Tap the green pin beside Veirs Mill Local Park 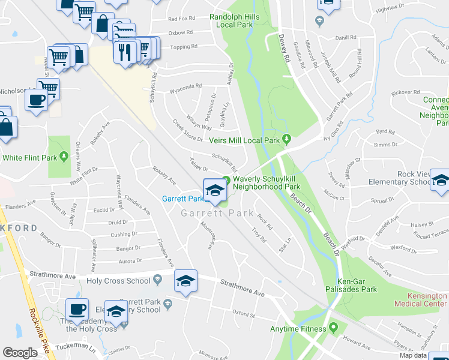[x=287, y=140]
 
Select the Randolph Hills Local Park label [x=235, y=21]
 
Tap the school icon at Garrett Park [x=213, y=190]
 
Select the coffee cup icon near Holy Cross [x=77, y=309]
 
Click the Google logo [x=20, y=353]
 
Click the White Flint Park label [x=29, y=158]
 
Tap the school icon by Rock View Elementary [x=441, y=180]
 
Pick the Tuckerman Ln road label [x=75, y=347]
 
